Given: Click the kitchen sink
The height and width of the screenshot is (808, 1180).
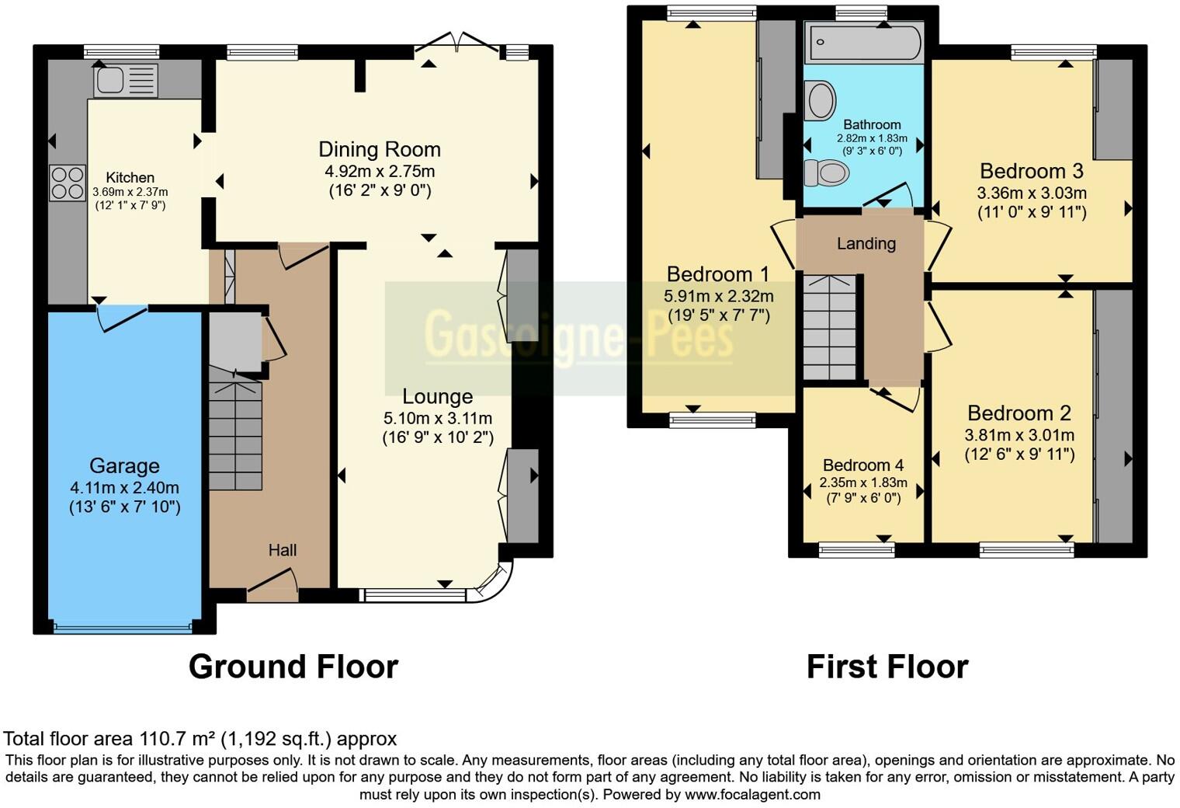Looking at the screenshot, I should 125,80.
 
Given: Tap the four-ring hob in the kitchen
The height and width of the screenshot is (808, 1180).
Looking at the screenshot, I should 68,183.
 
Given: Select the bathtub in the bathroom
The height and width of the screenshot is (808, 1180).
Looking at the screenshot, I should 863,43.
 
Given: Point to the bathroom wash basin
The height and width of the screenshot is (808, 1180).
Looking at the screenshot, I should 820,101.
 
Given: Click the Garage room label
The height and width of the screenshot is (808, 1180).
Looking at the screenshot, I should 124,466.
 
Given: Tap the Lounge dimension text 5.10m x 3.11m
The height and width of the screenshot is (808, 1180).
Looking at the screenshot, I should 437,419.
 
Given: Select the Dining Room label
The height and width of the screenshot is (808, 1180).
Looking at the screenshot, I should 380,149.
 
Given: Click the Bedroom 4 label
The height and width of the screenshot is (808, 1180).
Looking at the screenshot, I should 863,465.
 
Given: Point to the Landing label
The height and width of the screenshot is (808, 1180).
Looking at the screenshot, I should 866,244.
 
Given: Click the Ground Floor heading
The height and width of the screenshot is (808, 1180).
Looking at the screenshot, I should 293,667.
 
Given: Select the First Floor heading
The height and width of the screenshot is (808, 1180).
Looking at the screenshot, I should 887,667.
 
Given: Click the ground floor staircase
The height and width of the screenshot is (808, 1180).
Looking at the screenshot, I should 235,435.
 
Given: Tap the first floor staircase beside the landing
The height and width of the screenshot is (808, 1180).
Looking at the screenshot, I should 830,326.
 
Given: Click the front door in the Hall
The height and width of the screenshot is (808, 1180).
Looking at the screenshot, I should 272,587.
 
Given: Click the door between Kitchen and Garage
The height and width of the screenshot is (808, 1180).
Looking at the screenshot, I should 122,317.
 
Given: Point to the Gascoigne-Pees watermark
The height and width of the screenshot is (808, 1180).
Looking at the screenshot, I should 578,337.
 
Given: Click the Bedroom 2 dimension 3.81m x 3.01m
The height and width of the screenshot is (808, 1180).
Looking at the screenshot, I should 1019,435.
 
